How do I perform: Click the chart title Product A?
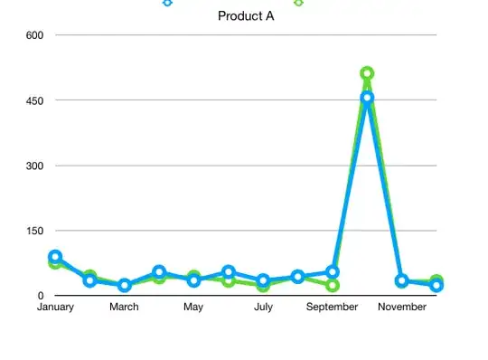click(x=246, y=16)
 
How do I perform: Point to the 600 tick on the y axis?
click(x=36, y=35)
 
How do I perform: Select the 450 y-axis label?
click(x=36, y=100)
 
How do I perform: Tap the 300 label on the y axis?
click(x=36, y=166)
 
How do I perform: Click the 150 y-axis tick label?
click(x=36, y=231)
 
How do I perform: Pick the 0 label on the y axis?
click(x=41, y=296)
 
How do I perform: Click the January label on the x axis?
click(x=54, y=308)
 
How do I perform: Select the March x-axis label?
click(x=124, y=308)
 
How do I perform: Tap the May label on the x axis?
click(x=193, y=308)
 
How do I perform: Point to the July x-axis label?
click(x=263, y=308)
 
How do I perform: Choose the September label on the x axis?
click(x=333, y=308)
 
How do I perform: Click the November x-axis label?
click(x=402, y=308)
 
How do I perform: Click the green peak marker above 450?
click(x=367, y=73)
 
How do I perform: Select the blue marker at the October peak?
click(x=367, y=98)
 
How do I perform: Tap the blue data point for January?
click(x=55, y=257)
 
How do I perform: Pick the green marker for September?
click(x=333, y=286)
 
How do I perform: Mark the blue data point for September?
click(x=333, y=271)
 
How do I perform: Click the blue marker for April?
click(x=159, y=271)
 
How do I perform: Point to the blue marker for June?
click(x=229, y=271)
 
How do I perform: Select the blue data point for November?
click(x=402, y=281)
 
